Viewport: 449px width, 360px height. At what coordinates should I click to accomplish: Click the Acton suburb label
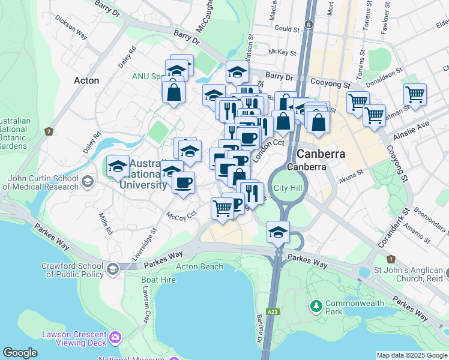tap(86, 80)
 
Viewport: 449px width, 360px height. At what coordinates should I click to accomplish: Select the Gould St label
tap(287, 29)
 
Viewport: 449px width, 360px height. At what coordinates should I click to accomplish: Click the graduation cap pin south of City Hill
tap(279, 232)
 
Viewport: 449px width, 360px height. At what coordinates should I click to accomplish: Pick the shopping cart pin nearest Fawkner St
tap(415, 94)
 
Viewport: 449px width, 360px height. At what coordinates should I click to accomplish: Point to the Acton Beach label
tap(199, 266)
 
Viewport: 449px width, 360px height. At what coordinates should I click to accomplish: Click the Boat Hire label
tap(158, 280)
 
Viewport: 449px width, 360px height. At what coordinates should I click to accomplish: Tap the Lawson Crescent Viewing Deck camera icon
tap(115, 339)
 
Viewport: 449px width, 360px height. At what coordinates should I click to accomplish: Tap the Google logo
tap(20, 353)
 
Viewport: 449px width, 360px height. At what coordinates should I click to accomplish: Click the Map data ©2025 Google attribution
tap(411, 355)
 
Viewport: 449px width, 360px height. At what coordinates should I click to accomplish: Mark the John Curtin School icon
tap(88, 181)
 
